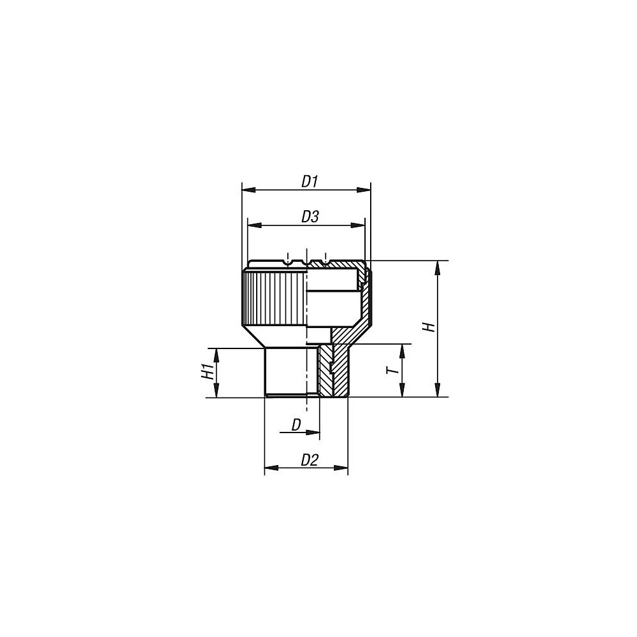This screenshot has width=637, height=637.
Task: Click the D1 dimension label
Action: pyautogui.click(x=310, y=182)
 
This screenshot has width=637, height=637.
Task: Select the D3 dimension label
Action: pyautogui.click(x=310, y=217)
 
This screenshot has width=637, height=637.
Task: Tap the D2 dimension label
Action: pyautogui.click(x=310, y=460)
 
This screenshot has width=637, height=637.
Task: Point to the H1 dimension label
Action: pyautogui.click(x=206, y=372)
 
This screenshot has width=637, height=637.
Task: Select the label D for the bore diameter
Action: pyautogui.click(x=296, y=425)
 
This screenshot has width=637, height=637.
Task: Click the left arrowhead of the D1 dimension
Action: pyautogui.click(x=247, y=190)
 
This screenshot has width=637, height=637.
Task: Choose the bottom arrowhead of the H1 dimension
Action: pyautogui.click(x=217, y=392)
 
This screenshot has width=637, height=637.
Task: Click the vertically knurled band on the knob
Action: pyautogui.click(x=274, y=296)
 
